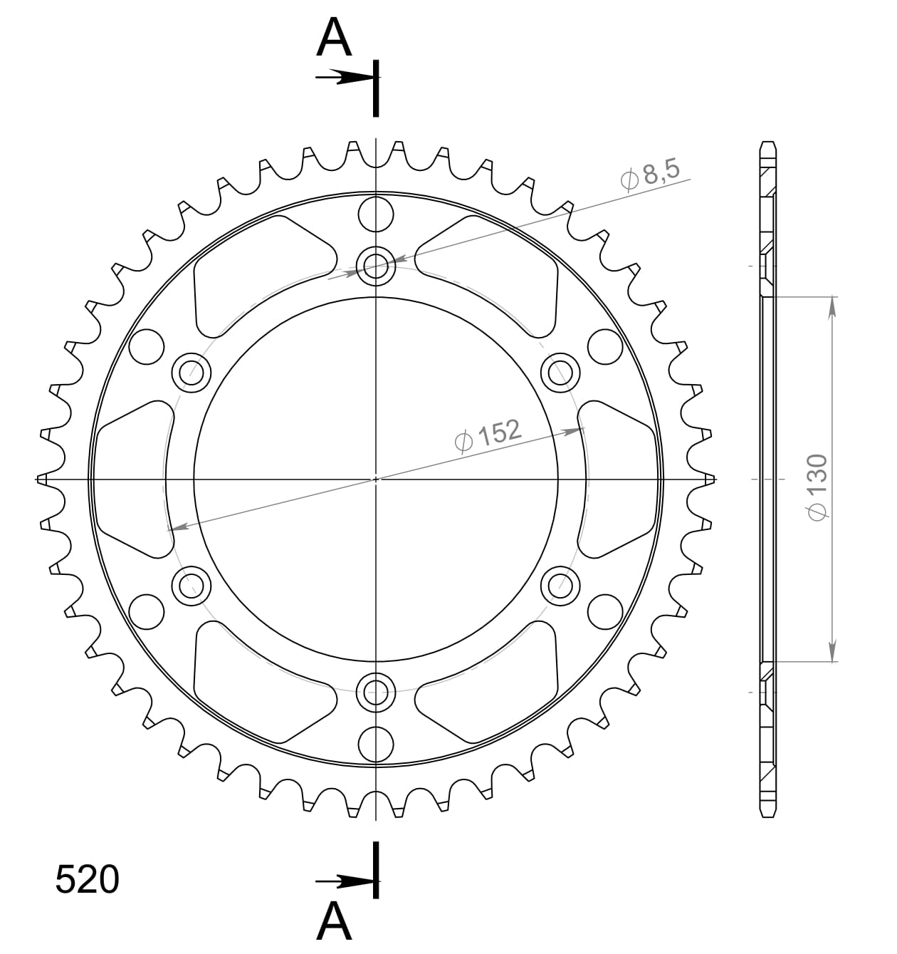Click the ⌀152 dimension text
[488, 435]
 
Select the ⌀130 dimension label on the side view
[817, 487]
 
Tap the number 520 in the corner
[87, 879]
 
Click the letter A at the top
[335, 38]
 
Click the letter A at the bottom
[335, 922]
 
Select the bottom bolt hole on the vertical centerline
[376, 690]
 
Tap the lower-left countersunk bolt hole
[192, 586]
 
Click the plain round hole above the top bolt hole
[376, 214]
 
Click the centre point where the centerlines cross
[376, 479]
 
